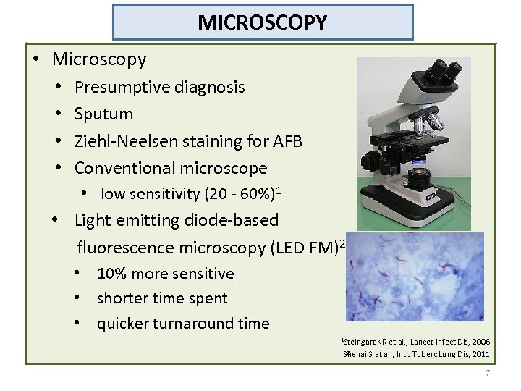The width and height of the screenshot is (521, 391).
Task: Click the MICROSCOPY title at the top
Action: point(263,22)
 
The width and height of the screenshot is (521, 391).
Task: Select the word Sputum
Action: point(103,114)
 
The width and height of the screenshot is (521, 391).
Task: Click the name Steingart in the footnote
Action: point(363,341)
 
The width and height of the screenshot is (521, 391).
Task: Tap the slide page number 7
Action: point(488,373)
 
